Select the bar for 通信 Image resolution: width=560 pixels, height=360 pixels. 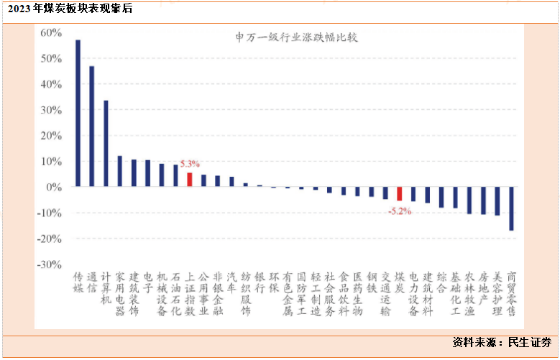click(91, 126)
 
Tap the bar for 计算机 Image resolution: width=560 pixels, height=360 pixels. click(106, 143)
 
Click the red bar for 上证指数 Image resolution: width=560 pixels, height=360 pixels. click(190, 180)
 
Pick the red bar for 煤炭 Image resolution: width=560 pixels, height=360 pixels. click(400, 194)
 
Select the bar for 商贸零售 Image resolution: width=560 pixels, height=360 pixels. click(512, 208)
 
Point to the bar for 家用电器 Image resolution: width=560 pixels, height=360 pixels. click(119, 171)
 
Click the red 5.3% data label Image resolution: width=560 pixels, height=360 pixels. click(190, 165)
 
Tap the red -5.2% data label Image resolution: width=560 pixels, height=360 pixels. click(399, 211)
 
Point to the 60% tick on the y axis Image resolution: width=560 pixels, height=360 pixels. click(51, 33)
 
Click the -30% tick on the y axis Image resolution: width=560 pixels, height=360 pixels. click(50, 264)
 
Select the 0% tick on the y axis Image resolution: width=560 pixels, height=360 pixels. click(55, 187)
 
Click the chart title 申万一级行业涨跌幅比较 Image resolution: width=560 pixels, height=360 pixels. click(287, 37)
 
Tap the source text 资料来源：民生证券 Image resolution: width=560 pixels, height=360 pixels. click(502, 343)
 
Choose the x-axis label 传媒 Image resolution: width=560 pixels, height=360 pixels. click(78, 282)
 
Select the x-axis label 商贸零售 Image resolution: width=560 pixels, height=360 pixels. click(512, 294)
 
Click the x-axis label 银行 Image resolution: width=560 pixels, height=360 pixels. click(260, 282)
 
